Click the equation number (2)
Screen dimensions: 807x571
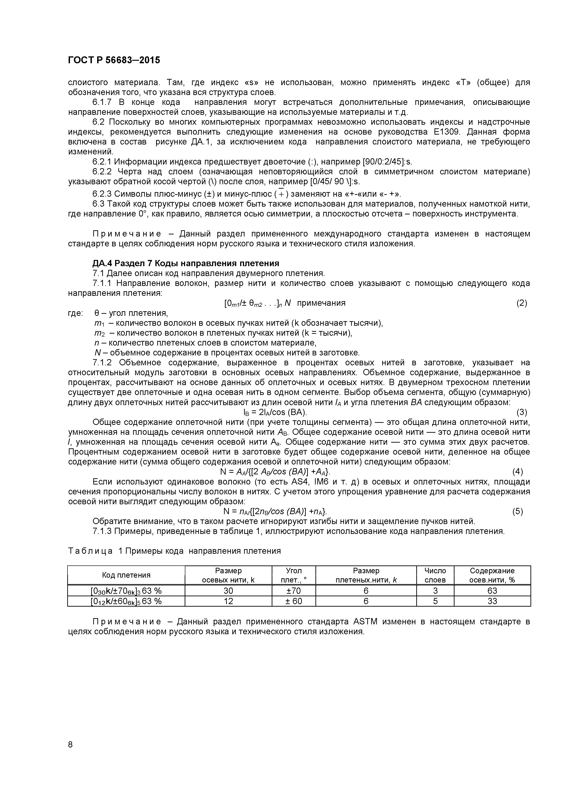522,303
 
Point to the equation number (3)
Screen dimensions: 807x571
522,412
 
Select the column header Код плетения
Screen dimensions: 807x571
126,575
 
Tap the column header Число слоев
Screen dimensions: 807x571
435,575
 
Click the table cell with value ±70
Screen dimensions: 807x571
293,591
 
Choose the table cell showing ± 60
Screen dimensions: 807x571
293,601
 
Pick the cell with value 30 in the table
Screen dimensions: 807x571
228,591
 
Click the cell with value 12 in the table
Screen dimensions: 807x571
228,601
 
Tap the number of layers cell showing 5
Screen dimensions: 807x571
435,601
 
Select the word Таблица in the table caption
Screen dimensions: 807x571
90,551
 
